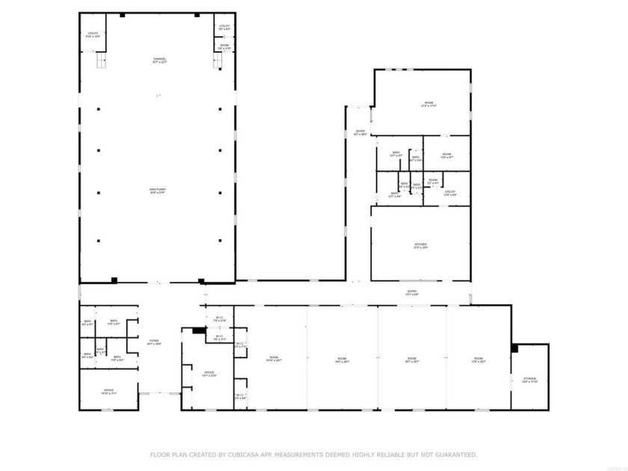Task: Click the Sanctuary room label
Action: click(x=158, y=191)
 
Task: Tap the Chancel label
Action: click(x=159, y=60)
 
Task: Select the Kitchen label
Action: click(x=421, y=246)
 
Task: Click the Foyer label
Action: click(x=153, y=342)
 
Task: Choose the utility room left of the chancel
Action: click(x=93, y=34)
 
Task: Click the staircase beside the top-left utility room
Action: click(x=100, y=60)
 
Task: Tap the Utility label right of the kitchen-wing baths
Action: click(x=449, y=193)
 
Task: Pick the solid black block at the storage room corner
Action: click(x=514, y=348)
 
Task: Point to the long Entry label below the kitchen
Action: click(x=411, y=292)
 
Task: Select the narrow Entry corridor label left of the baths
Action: click(x=360, y=133)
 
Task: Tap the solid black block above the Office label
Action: click(x=198, y=330)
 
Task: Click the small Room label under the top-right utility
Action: click(x=224, y=47)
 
